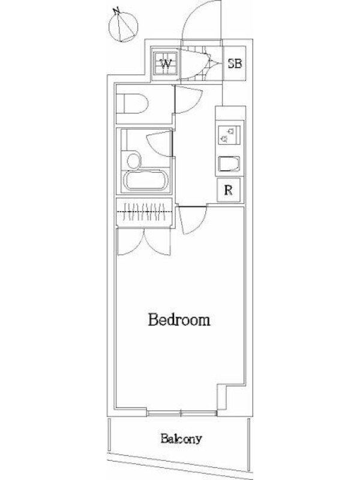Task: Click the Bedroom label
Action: pyautogui.click(x=179, y=320)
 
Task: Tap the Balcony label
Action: pyautogui.click(x=182, y=439)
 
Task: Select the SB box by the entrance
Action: pyautogui.click(x=235, y=64)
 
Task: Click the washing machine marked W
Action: pyautogui.click(x=166, y=64)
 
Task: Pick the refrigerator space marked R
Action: pyautogui.click(x=229, y=190)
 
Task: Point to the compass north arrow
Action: pyautogui.click(x=124, y=26)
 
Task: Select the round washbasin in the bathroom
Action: pyautogui.click(x=133, y=161)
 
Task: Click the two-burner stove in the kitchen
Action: pyautogui.click(x=229, y=134)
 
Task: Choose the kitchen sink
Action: pyautogui.click(x=229, y=164)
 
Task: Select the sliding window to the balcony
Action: pyautogui.click(x=181, y=413)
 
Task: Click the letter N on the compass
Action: pyautogui.click(x=116, y=11)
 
